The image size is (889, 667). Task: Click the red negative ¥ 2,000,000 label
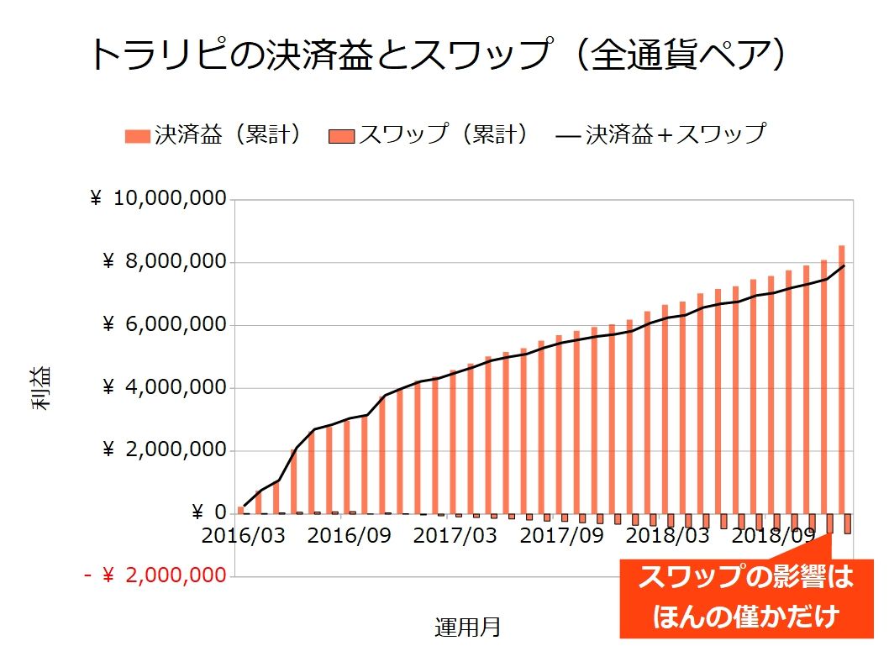pos(155,576)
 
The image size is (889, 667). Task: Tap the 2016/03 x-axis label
pos(244,535)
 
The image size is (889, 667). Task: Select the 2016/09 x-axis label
pos(349,535)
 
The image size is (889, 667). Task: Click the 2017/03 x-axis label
pos(455,535)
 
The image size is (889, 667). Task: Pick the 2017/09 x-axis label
pos(561,535)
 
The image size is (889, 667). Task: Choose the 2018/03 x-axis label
pos(667,535)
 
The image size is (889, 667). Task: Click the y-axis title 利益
pos(41,388)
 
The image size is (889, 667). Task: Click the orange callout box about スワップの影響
pos(745,597)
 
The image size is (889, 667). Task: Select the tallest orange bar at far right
pos(842,378)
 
